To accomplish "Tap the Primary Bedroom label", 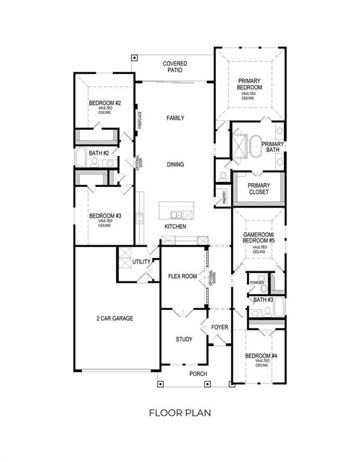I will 250,84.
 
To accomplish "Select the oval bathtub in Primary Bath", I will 257,145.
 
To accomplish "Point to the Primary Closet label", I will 260,189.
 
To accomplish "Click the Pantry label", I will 224,197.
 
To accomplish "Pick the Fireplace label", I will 139,120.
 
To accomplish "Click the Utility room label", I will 142,262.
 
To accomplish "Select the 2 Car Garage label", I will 114,318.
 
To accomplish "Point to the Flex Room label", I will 182,277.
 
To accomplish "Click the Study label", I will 184,339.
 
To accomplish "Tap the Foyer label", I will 219,327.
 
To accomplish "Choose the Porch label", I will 198,374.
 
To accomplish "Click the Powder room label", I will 257,282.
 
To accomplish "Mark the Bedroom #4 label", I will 261,356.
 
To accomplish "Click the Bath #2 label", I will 98,153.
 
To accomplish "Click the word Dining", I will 175,165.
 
